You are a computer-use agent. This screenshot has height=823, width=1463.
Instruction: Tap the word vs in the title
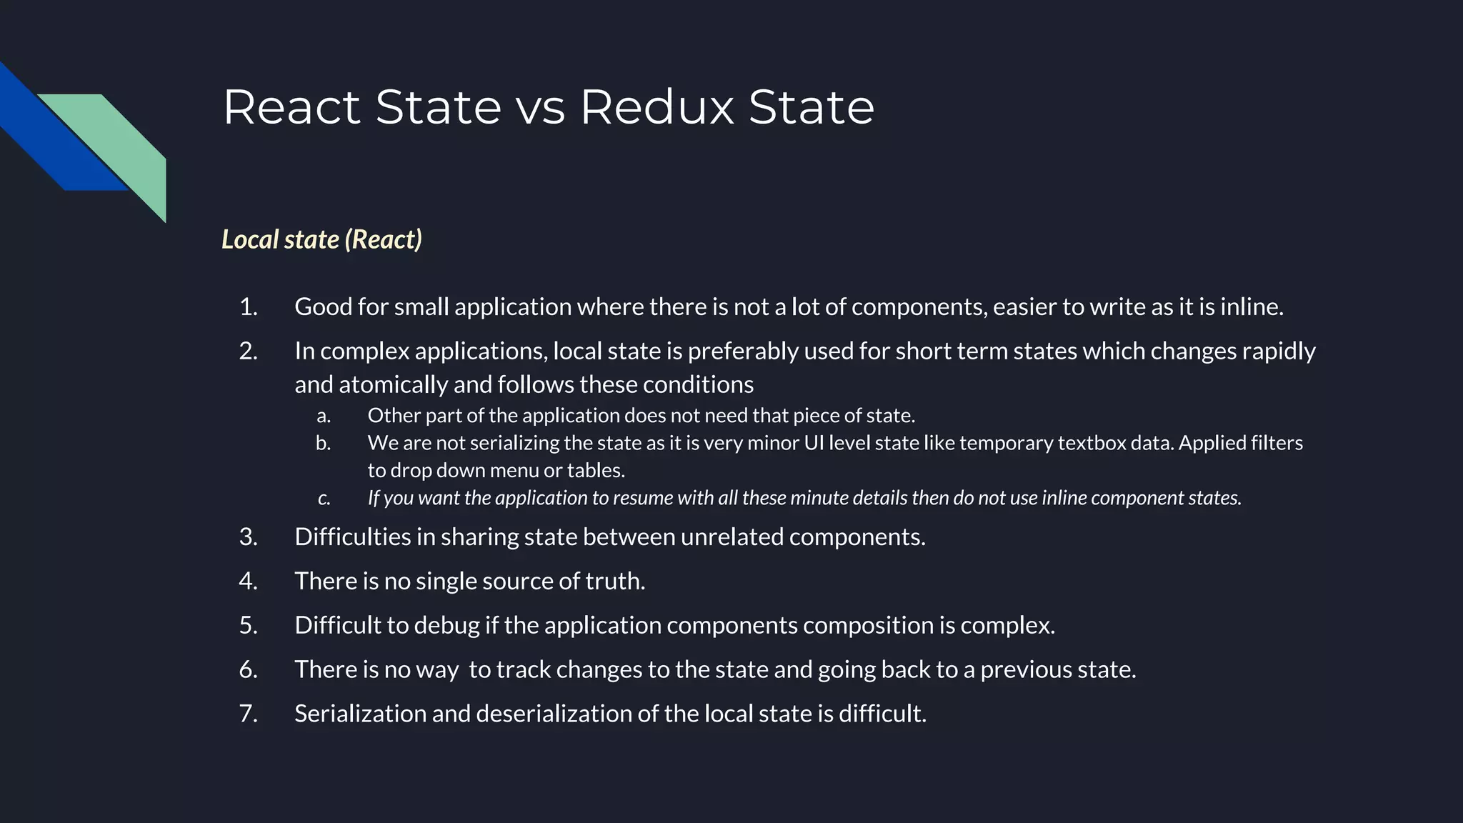(540, 109)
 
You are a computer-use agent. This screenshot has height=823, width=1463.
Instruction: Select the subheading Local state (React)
(321, 239)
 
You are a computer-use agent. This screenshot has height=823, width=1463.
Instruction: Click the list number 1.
(248, 306)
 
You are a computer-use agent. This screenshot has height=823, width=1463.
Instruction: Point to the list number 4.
(248, 581)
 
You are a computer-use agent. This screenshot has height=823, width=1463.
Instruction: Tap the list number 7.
(248, 713)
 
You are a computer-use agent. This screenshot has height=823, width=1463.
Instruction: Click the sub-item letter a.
(324, 416)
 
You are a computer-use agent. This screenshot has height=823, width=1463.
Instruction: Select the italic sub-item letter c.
(324, 498)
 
